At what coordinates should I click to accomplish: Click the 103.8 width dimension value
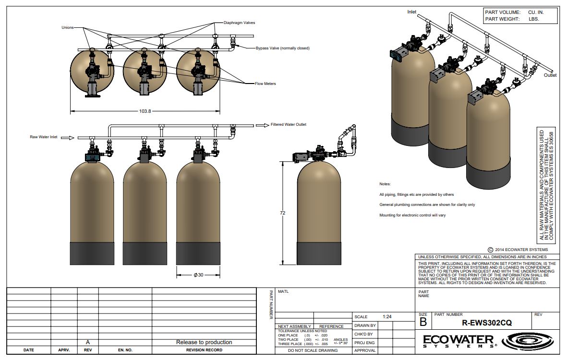(145, 111)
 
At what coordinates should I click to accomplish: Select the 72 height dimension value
(283, 213)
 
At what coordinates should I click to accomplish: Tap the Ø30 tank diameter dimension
(199, 275)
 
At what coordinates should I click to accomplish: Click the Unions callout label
(68, 27)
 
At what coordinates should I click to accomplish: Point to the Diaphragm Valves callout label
(240, 23)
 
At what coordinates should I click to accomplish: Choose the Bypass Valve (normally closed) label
(283, 48)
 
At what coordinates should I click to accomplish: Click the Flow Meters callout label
(265, 84)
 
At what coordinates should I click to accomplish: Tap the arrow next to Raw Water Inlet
(71, 138)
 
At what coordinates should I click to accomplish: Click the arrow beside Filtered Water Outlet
(263, 125)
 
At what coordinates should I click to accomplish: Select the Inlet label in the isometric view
(412, 12)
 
